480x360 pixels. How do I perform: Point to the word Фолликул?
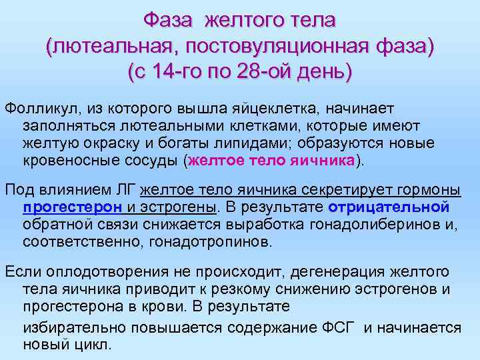click(x=35, y=107)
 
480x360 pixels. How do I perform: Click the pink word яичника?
click(x=322, y=160)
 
